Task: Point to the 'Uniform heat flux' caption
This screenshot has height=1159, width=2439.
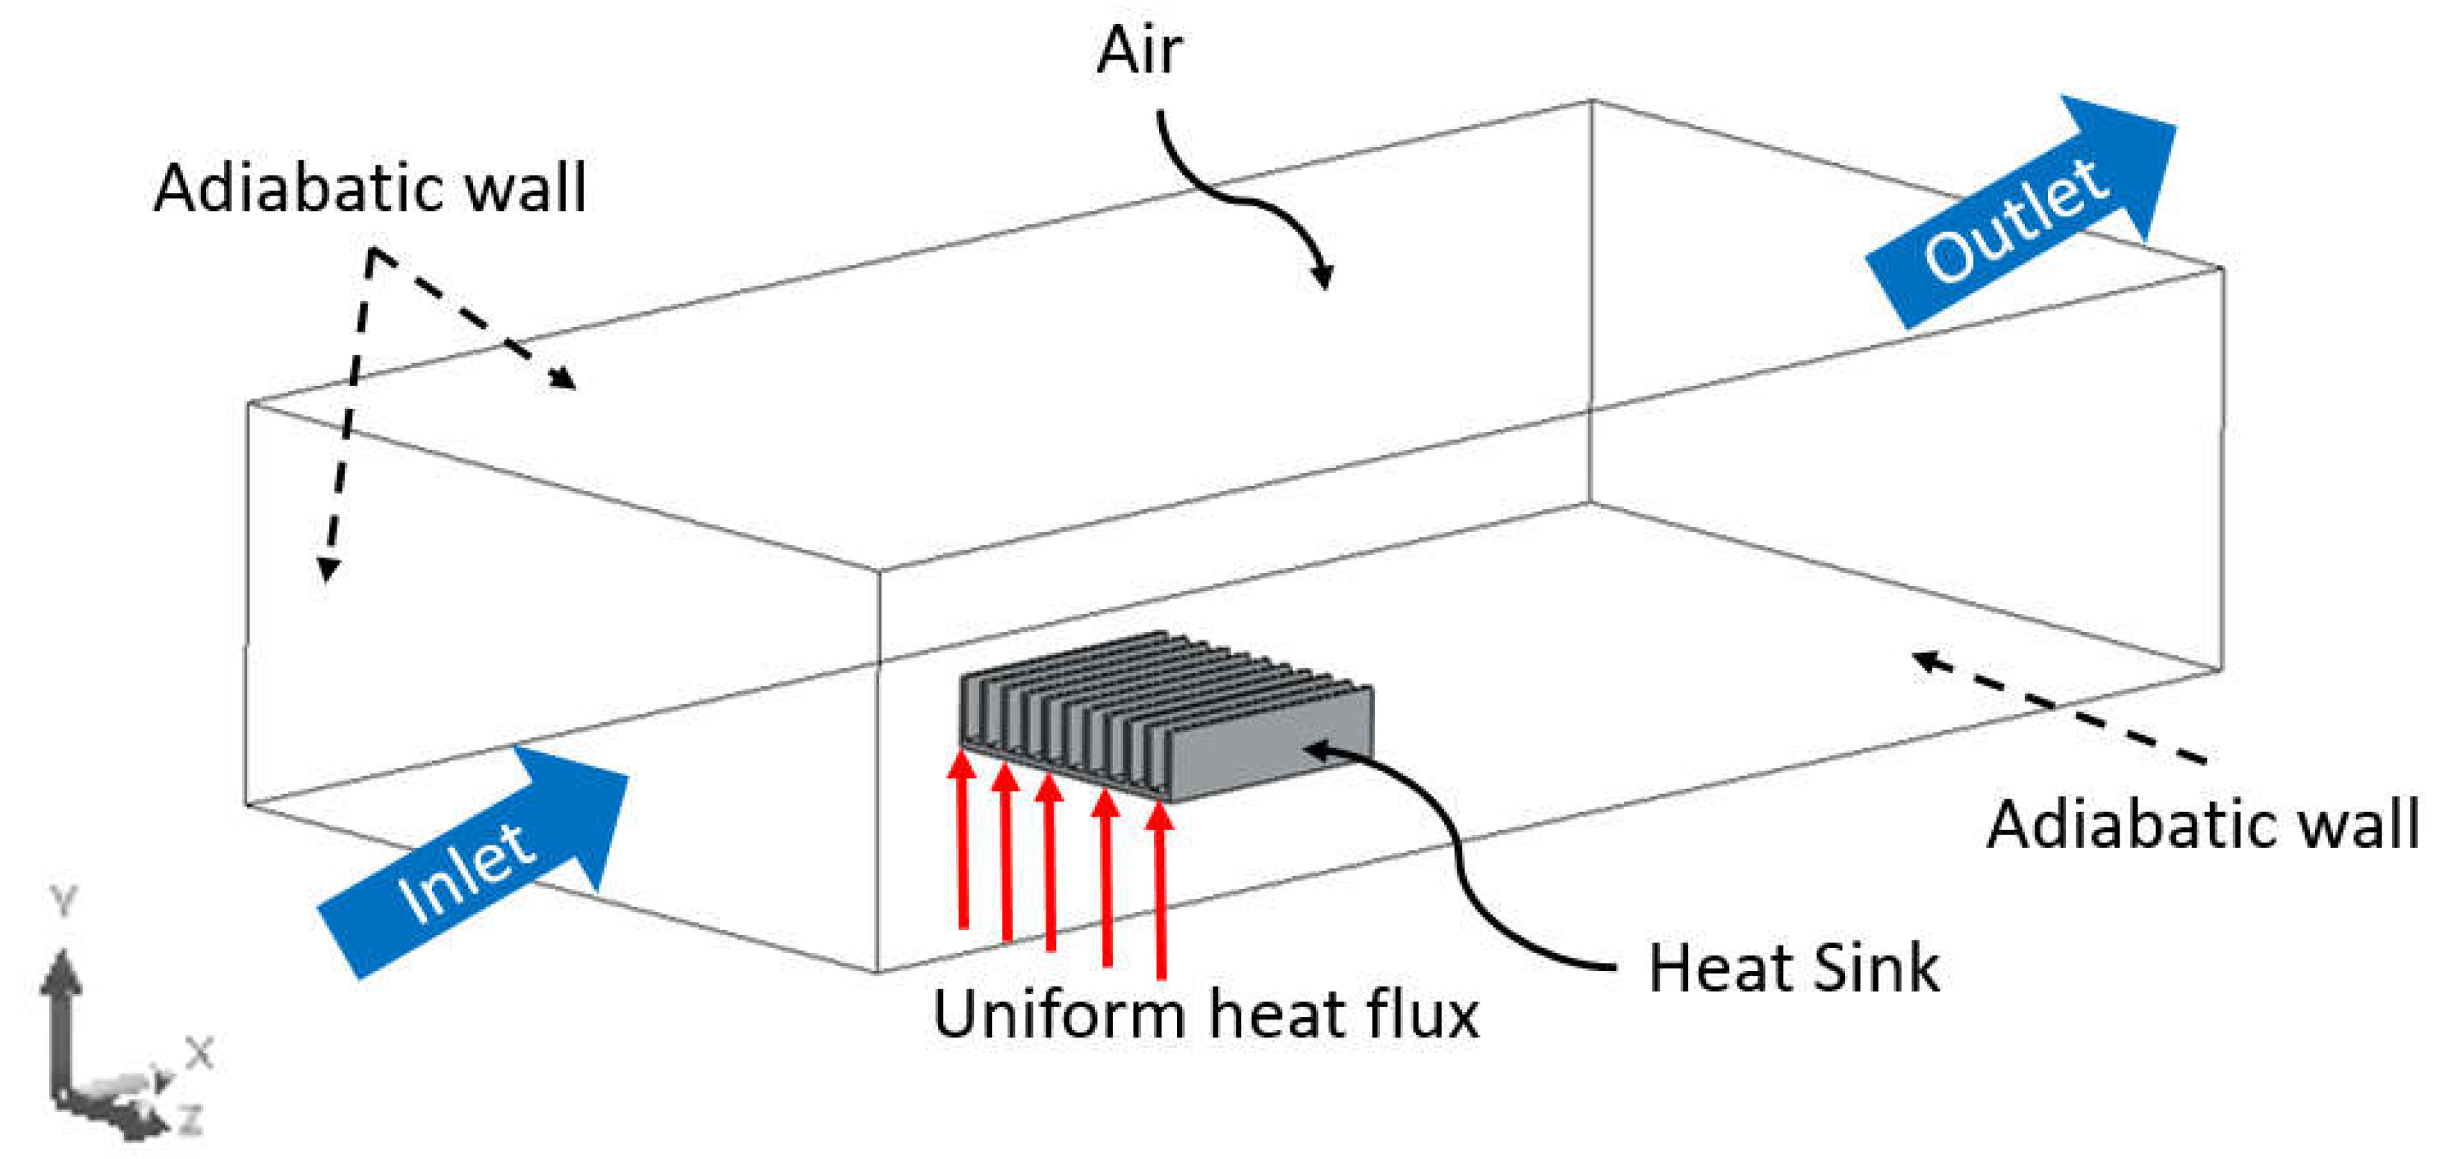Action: [x=1205, y=1015]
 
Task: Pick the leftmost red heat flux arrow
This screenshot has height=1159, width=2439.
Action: [x=963, y=838]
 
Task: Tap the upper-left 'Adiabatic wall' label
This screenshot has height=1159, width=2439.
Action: [x=370, y=188]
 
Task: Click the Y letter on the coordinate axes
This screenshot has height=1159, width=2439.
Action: [x=63, y=902]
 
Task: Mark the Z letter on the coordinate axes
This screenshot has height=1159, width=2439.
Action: [x=193, y=1120]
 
